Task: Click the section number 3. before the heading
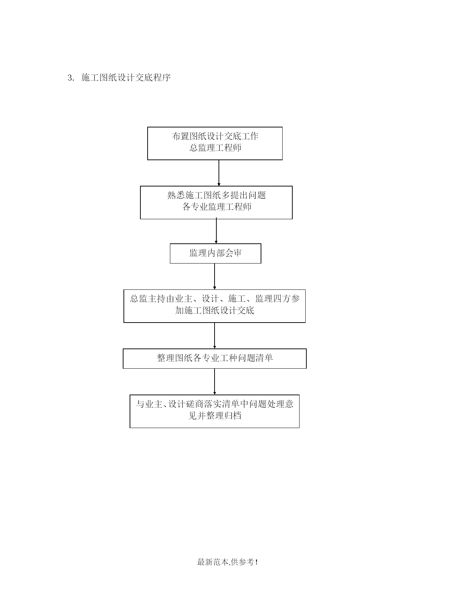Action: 71,78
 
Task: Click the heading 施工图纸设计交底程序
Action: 126,78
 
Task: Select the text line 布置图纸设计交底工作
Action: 215,136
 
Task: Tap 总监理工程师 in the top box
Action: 215,148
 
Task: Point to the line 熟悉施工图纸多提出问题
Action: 216,195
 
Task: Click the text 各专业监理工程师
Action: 216,207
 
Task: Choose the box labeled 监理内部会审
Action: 215,253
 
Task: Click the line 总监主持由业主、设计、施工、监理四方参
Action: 215,299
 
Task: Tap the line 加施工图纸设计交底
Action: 215,311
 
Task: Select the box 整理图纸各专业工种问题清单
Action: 215,359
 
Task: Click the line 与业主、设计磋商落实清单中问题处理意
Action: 215,404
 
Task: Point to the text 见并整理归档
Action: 215,416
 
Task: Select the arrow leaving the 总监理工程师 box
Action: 219,173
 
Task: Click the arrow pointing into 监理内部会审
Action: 216,231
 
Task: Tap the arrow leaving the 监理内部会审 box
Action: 215,276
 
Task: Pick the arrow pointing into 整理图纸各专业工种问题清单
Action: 215,336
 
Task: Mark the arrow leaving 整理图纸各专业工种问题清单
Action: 215,382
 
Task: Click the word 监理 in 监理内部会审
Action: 198,253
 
